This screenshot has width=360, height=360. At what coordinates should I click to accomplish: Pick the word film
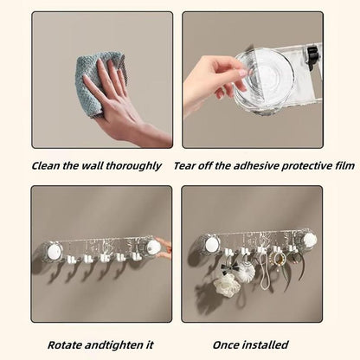[344, 166]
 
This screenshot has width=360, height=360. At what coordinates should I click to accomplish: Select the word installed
[266, 345]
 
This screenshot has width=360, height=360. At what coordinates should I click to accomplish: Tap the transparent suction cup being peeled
[263, 82]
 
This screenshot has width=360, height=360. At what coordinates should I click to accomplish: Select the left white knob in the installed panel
[212, 245]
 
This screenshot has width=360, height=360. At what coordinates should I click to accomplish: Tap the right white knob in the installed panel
[309, 240]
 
